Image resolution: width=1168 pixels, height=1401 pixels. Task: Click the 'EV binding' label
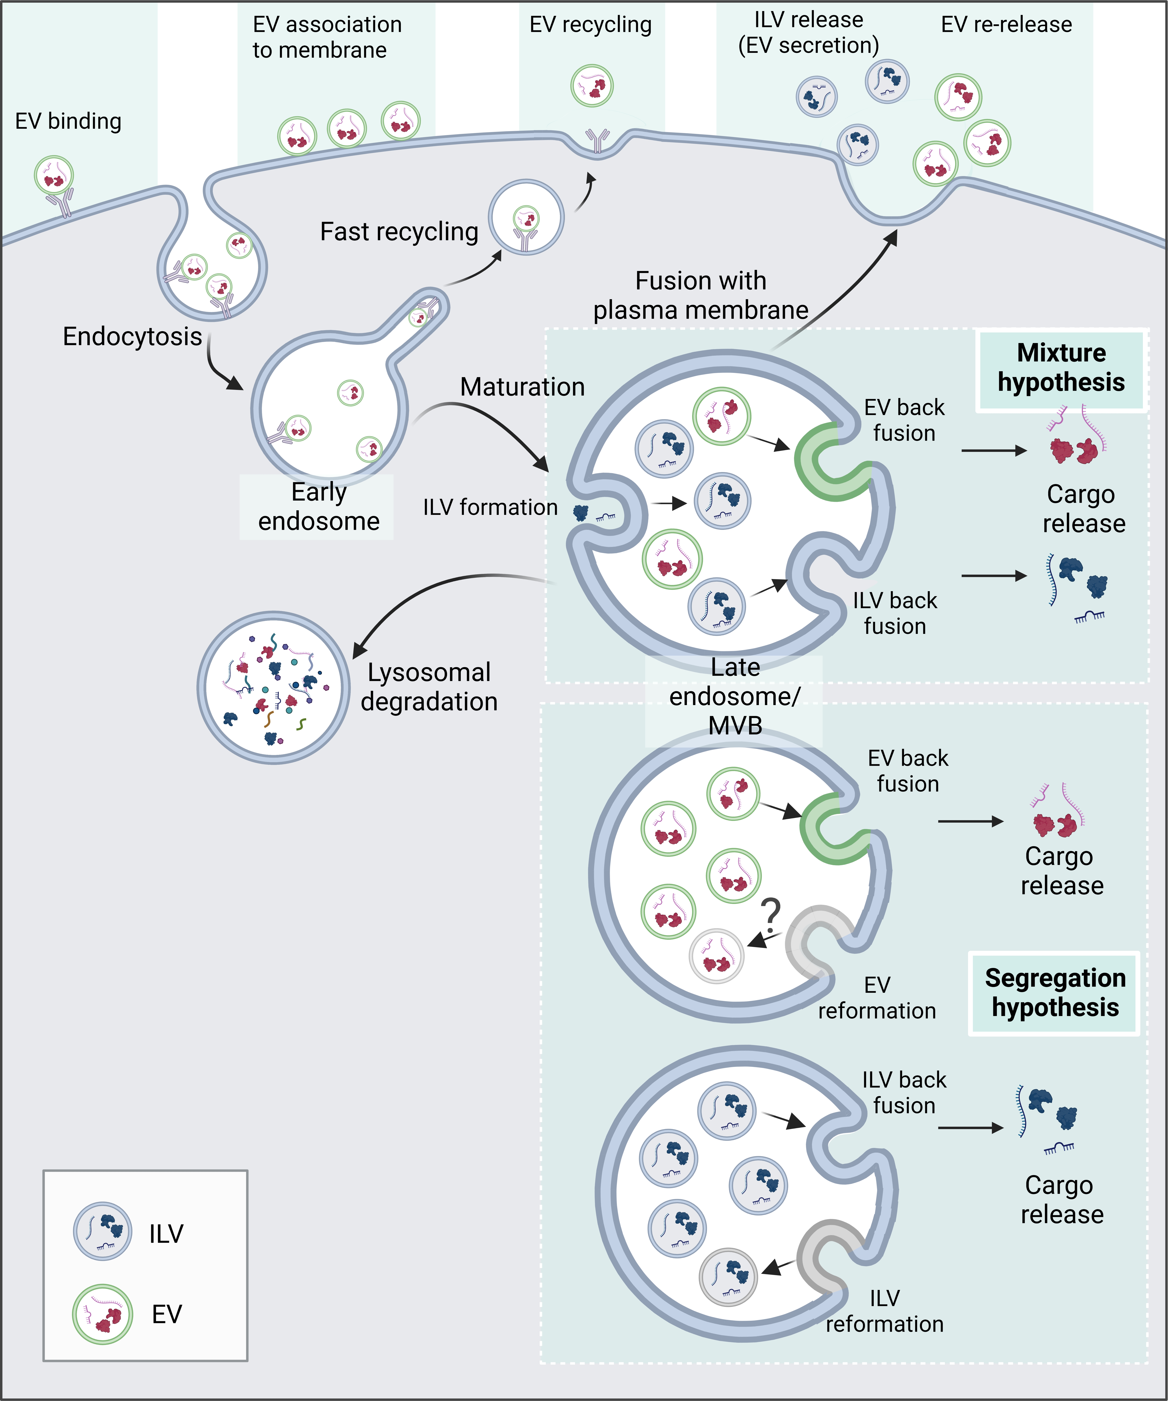[x=68, y=121]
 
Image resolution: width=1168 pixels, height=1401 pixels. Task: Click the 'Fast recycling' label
[x=399, y=232]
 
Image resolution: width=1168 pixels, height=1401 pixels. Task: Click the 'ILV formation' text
[x=490, y=507]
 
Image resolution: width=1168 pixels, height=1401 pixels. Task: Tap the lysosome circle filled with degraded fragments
[x=274, y=687]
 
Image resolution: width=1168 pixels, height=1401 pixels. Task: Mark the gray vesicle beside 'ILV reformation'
[x=728, y=1276]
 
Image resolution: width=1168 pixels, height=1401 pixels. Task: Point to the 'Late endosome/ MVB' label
[x=735, y=696]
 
